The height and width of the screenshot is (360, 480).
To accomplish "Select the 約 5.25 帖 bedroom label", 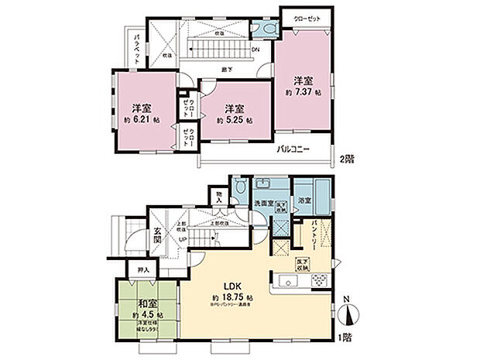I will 231,121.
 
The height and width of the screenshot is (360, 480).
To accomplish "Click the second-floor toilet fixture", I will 268,26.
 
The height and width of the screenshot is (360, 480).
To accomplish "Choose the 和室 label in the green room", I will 146,303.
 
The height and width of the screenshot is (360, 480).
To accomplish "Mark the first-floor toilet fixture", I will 241,189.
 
